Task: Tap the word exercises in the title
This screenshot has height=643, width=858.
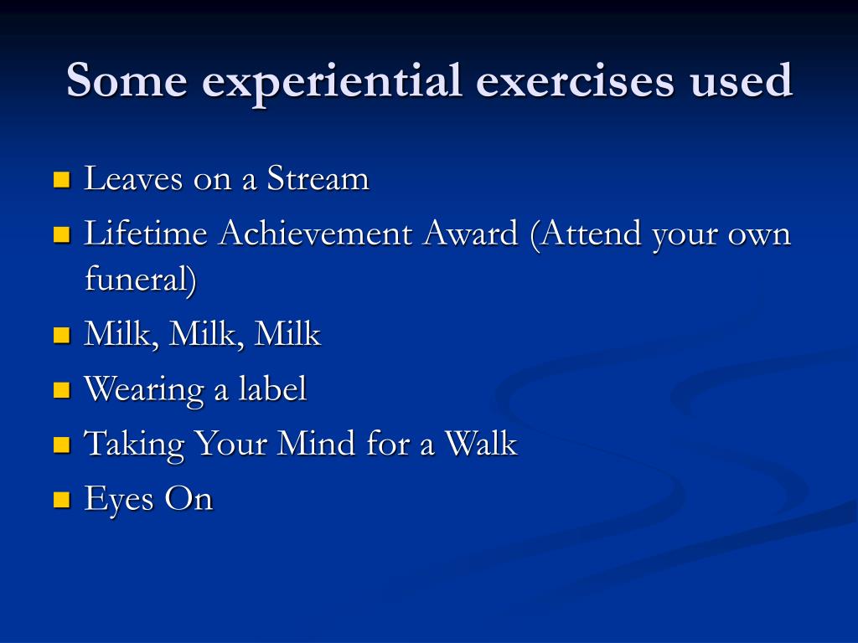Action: pyautogui.click(x=575, y=80)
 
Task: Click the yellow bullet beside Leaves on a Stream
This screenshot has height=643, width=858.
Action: pyautogui.click(x=62, y=179)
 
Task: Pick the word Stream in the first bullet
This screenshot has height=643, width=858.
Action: pyautogui.click(x=318, y=178)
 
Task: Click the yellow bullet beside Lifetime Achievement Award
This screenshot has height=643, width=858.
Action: pyautogui.click(x=62, y=234)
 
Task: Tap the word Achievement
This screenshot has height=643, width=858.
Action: pyautogui.click(x=316, y=233)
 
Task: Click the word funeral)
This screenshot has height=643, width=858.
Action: pyautogui.click(x=141, y=279)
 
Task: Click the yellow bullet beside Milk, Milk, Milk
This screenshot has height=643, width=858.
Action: pyautogui.click(x=62, y=334)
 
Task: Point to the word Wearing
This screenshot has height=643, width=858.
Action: pyautogui.click(x=144, y=390)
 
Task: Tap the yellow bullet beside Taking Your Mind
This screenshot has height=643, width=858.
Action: pyautogui.click(x=62, y=444)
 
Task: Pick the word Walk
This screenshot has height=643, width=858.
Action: pyautogui.click(x=480, y=442)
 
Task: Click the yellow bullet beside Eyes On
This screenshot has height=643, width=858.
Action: pyautogui.click(x=62, y=499)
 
